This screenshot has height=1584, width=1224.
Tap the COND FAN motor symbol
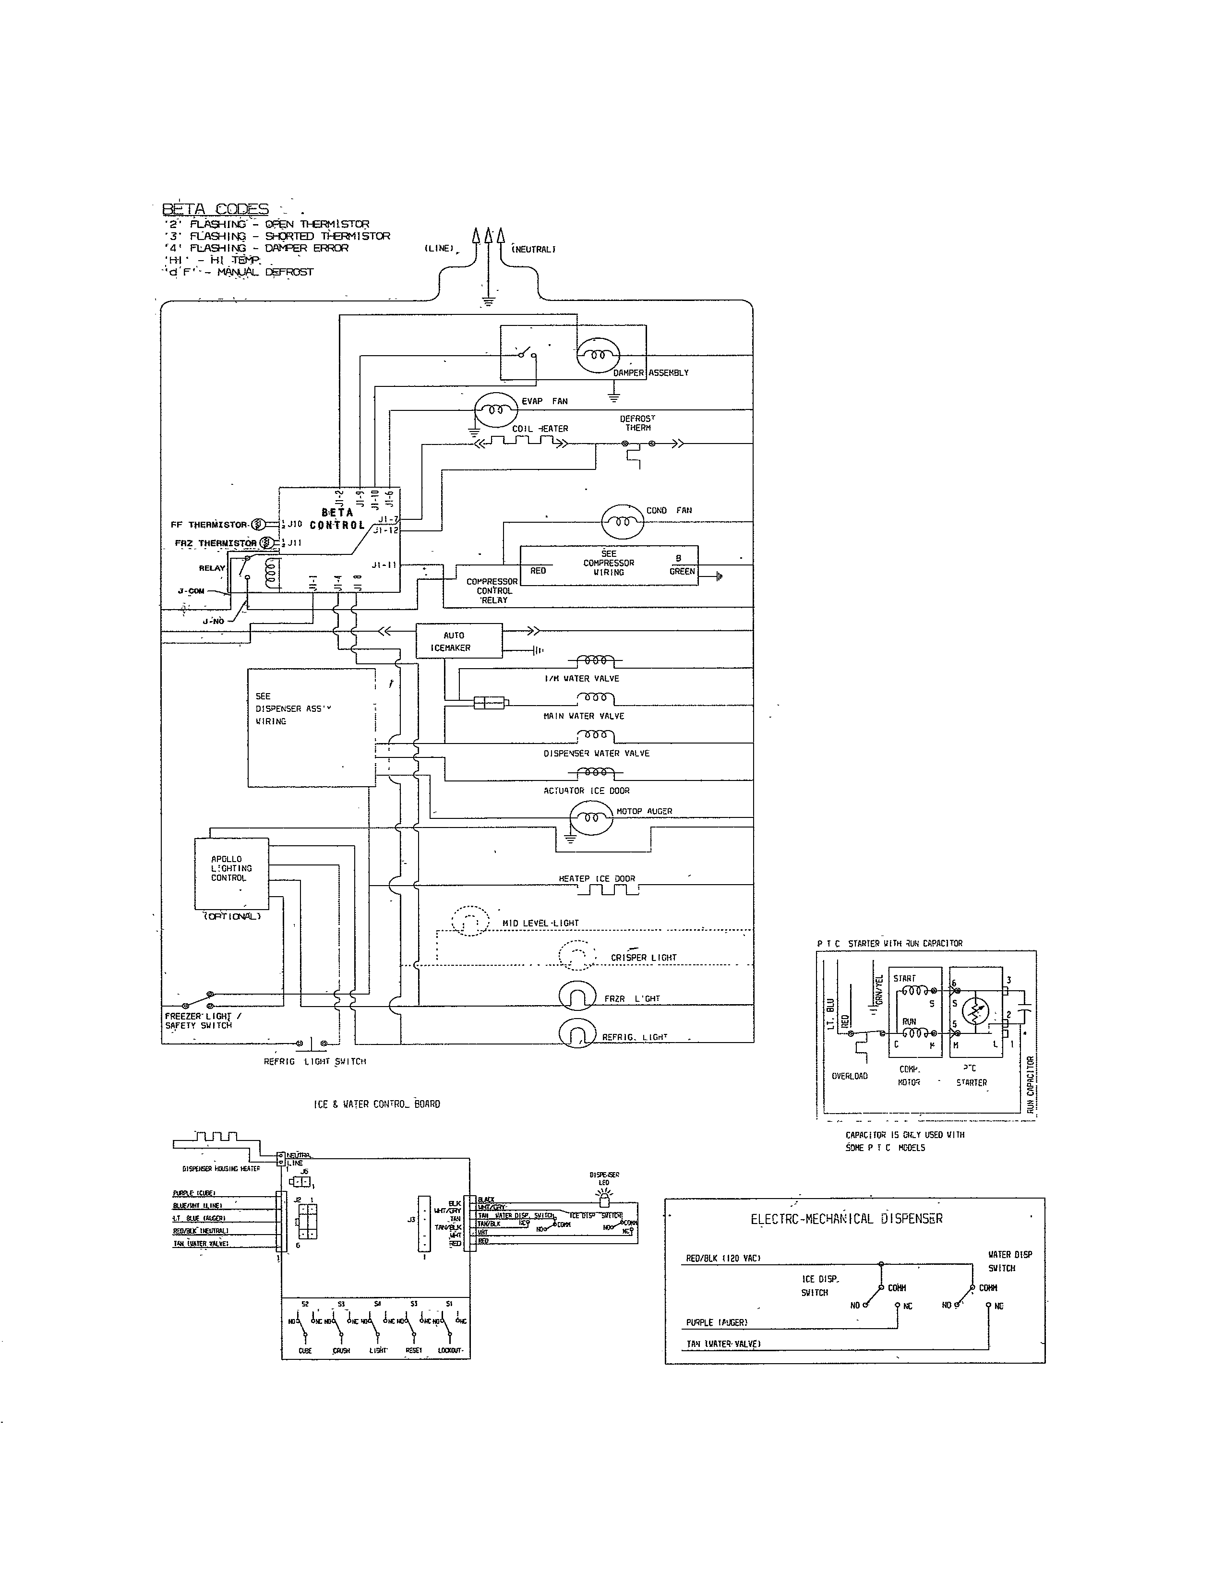point(622,521)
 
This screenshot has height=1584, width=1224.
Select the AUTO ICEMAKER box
point(458,641)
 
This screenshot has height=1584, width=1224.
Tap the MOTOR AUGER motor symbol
point(590,817)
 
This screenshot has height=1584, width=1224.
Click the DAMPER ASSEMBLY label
point(650,373)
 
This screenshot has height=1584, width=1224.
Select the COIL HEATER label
point(540,429)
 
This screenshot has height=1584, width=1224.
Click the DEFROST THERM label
point(637,423)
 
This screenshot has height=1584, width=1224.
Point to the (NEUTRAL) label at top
point(534,250)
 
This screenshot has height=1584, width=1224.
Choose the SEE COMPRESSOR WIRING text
point(608,563)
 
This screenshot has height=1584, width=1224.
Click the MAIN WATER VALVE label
point(583,716)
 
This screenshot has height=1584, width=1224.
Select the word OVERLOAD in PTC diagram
point(849,1076)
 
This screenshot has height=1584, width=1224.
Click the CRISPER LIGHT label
point(643,958)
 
